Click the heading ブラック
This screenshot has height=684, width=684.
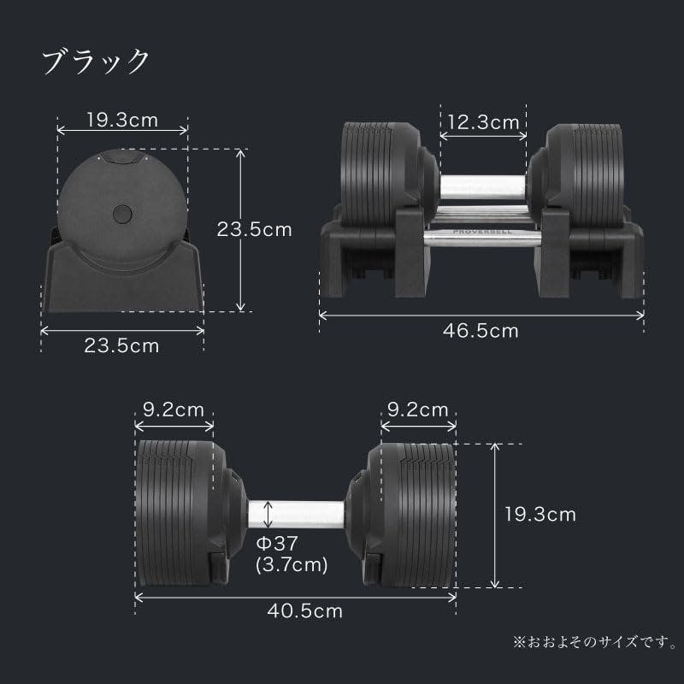tap(97, 62)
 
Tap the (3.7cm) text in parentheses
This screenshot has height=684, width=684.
tap(292, 564)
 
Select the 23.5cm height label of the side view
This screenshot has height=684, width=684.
tap(255, 229)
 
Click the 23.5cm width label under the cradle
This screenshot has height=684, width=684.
tap(121, 345)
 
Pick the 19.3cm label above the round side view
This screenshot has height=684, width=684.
tap(121, 120)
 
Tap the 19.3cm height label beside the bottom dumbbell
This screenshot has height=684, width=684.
tap(539, 514)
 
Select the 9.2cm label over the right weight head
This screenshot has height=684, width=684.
tap(417, 410)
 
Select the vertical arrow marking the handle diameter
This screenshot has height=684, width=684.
tap(270, 515)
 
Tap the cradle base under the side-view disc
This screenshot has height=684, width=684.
tap(121, 286)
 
